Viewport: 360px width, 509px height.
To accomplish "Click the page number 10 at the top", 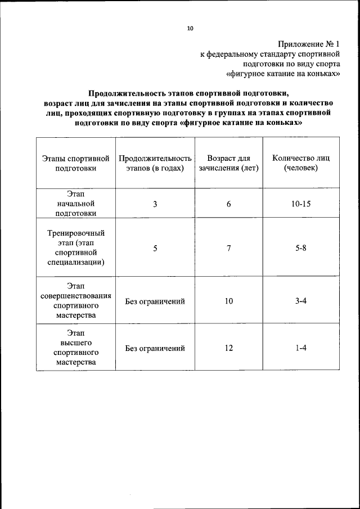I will pyautogui.click(x=190, y=28).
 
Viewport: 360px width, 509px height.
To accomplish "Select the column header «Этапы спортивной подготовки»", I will pyautogui.click(x=76, y=163).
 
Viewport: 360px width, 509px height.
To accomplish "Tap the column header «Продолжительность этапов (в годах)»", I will pyautogui.click(x=155, y=163).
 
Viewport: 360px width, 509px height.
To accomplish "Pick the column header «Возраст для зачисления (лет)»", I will pyautogui.click(x=229, y=163).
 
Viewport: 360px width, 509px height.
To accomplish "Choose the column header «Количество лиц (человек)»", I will pyautogui.click(x=301, y=163).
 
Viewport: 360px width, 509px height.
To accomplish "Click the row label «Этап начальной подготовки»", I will pyautogui.click(x=76, y=203).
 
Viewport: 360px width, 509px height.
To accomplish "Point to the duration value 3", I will pyautogui.click(x=155, y=204).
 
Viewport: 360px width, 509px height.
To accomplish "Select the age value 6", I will pyautogui.click(x=229, y=204).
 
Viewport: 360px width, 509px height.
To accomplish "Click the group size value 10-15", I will pyautogui.click(x=301, y=204).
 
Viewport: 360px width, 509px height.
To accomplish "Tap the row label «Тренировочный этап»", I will pyautogui.click(x=76, y=247).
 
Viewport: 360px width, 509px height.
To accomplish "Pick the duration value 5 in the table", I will pyautogui.click(x=155, y=248).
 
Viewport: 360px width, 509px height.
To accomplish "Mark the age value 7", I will pyautogui.click(x=229, y=248).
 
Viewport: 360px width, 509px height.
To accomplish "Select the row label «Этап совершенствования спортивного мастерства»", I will pyautogui.click(x=76, y=301).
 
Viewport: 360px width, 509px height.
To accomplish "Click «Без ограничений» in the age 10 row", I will pyautogui.click(x=155, y=301).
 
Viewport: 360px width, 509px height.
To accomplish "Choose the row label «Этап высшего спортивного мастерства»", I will pyautogui.click(x=76, y=348).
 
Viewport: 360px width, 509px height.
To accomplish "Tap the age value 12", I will pyautogui.click(x=229, y=348).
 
